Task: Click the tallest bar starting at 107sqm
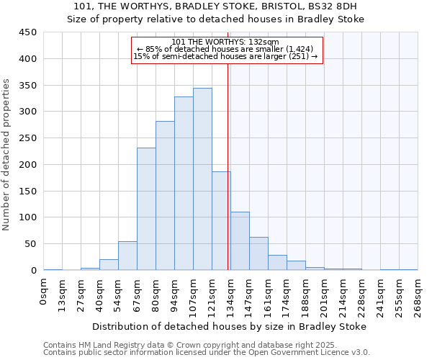pyautogui.click(x=202, y=179)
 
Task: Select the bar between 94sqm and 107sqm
pyautogui.click(x=184, y=184)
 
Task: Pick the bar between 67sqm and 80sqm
pyautogui.click(x=146, y=209)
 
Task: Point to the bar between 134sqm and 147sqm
pyautogui.click(x=240, y=241)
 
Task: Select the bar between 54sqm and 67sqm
pyautogui.click(x=127, y=256)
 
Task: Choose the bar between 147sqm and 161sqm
pyautogui.click(x=258, y=253)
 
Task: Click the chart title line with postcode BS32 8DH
pyautogui.click(x=216, y=6)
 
